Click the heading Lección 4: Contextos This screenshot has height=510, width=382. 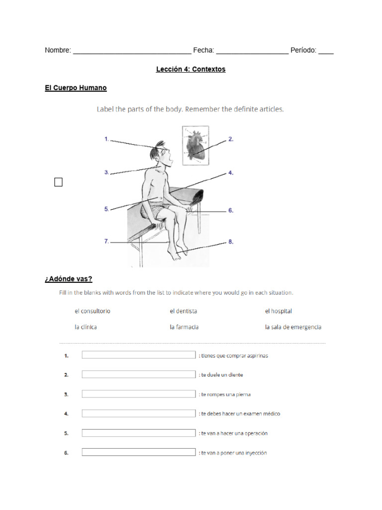[x=191, y=69]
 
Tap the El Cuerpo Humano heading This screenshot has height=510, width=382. [x=76, y=88]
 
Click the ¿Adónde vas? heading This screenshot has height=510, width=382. [x=69, y=279]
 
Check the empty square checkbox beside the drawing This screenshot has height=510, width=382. [x=59, y=182]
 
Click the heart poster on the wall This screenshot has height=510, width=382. [x=194, y=145]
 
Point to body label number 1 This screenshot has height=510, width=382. [x=107, y=139]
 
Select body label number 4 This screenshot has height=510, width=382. [x=231, y=173]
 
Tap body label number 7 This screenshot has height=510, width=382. [x=107, y=242]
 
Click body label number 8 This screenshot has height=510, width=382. [x=231, y=242]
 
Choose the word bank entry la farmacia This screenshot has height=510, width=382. [x=184, y=327]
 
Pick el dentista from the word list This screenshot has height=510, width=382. [x=183, y=311]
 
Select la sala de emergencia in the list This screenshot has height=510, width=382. [x=293, y=327]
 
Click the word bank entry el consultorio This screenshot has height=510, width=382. [x=93, y=311]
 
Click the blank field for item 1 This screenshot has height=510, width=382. [x=139, y=355]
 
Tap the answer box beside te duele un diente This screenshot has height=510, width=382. [x=139, y=375]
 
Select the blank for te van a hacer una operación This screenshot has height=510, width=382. [x=139, y=433]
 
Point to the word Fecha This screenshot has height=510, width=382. [x=203, y=50]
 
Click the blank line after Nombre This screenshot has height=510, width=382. [x=132, y=51]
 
